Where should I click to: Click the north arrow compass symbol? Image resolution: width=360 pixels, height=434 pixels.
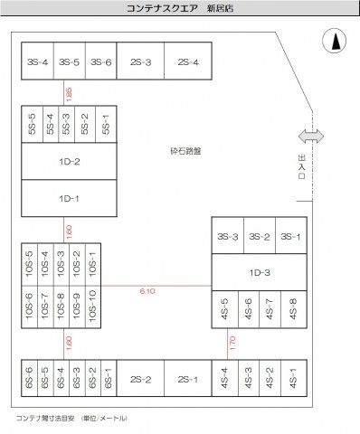333,41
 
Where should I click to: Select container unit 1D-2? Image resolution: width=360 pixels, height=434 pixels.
70,163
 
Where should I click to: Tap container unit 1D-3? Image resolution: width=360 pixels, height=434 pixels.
258,270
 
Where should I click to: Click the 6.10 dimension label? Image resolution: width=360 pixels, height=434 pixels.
149,290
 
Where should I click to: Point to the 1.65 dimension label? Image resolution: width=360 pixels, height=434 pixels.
70,91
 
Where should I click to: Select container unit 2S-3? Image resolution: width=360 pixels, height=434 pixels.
140,62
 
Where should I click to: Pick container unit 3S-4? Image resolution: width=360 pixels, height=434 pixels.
37,62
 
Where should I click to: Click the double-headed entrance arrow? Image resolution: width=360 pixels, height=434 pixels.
310,136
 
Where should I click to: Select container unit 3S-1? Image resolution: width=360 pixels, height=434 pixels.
289,236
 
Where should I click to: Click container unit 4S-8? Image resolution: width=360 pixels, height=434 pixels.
292,307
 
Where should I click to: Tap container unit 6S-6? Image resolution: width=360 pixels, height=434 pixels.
30,379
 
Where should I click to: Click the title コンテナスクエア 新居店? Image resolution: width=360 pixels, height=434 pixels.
179,8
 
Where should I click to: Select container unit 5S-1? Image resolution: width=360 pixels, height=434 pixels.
107,125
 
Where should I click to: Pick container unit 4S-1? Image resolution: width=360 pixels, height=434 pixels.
292,379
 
